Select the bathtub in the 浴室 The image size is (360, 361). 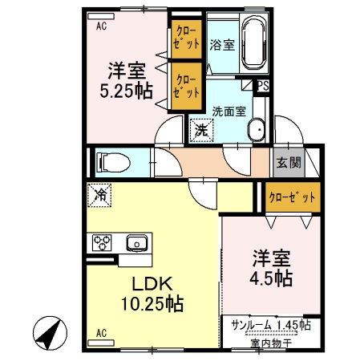coord(254,43)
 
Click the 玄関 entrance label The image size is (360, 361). coord(289,163)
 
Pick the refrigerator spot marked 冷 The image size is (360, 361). coord(100,193)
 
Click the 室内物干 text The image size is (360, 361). coord(271,343)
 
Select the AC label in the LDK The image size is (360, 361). coord(102,331)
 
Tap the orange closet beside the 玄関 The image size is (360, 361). coord(291,197)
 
